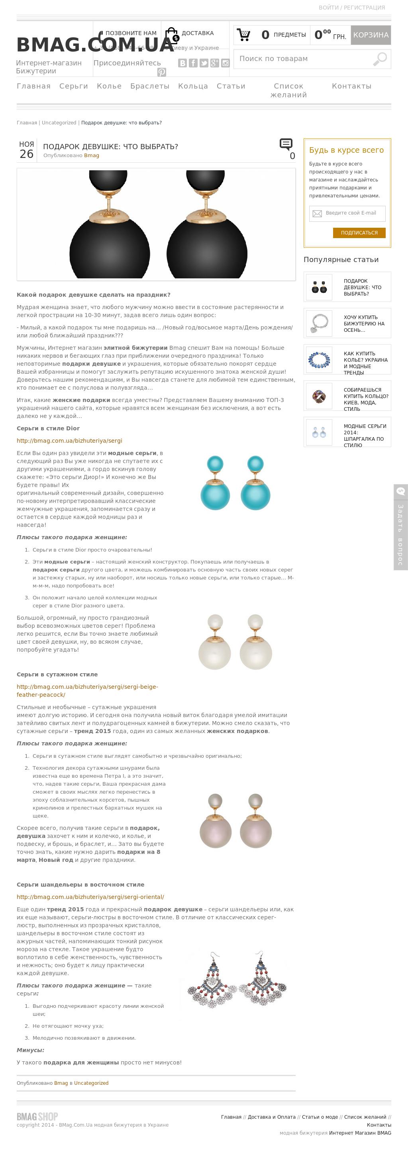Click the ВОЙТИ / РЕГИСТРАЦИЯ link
[x=352, y=8]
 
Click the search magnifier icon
[x=380, y=59]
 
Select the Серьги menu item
[x=73, y=86]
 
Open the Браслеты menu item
[x=150, y=86]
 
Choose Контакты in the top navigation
[x=352, y=86]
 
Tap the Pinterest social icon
[x=161, y=72]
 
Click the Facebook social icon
[x=193, y=63]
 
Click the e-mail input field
[x=347, y=213]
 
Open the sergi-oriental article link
[x=90, y=897]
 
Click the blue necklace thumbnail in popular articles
[x=319, y=359]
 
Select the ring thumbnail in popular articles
[x=319, y=396]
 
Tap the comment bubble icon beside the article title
[x=286, y=144]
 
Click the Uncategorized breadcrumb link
[x=59, y=123]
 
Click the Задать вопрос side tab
[x=400, y=527]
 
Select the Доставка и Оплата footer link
[x=272, y=1117]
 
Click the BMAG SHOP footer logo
[x=37, y=1116]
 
